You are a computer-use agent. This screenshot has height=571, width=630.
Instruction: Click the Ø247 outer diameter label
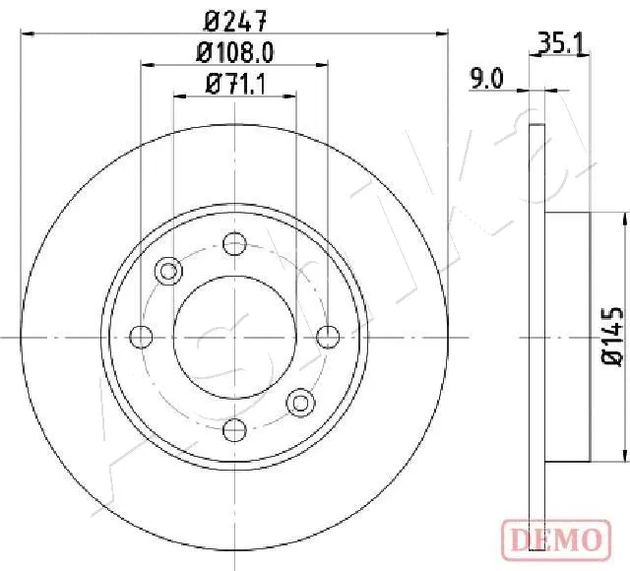point(234,21)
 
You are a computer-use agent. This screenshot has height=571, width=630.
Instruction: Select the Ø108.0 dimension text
point(235,52)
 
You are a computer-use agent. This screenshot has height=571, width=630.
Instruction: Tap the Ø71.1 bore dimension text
point(235,85)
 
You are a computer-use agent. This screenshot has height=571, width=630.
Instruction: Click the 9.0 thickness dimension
point(486,79)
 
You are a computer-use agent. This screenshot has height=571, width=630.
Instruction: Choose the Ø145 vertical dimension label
point(612,336)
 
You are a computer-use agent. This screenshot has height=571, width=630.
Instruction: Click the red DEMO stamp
point(556,540)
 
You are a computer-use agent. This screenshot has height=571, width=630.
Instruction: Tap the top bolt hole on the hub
point(234,243)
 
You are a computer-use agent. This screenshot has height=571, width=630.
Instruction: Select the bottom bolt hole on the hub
point(234,430)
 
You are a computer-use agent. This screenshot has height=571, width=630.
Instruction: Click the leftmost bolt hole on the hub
point(141,337)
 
